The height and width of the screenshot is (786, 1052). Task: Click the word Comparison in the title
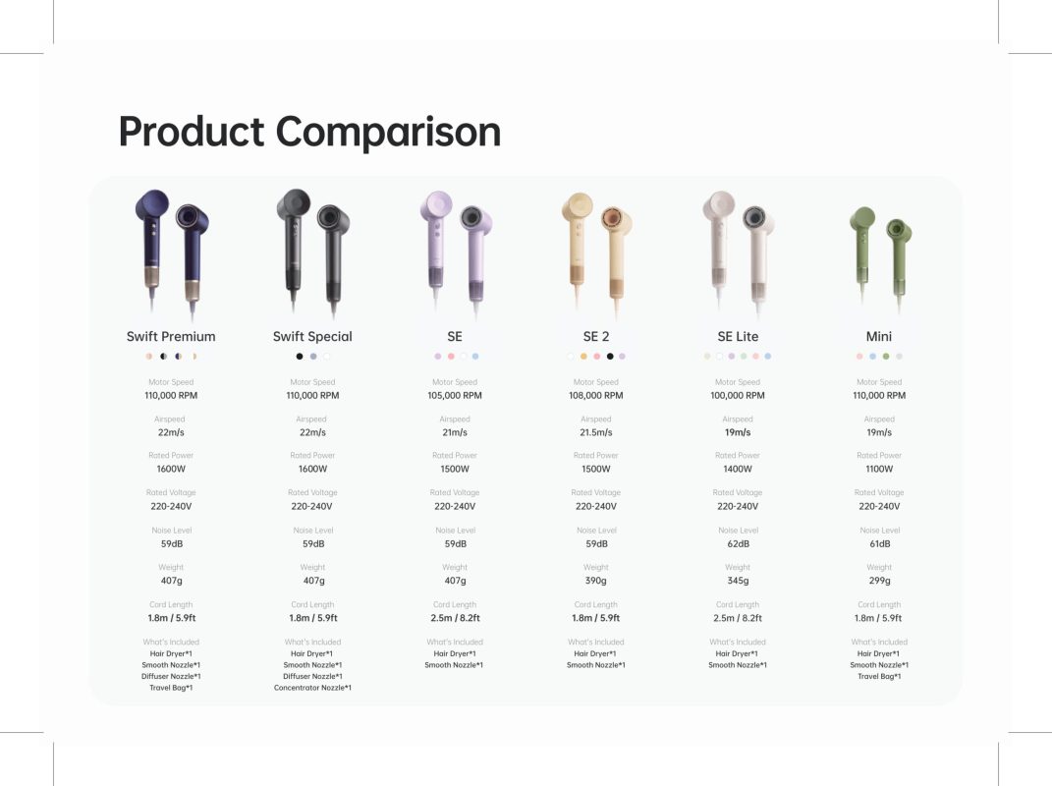pyautogui.click(x=388, y=132)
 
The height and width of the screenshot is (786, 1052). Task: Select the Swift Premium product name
pyautogui.click(x=171, y=336)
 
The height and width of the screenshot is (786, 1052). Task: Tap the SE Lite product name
pyautogui.click(x=738, y=336)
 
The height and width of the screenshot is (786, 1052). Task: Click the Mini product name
pyautogui.click(x=879, y=336)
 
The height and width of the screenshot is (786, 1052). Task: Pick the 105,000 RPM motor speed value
pyautogui.click(x=455, y=395)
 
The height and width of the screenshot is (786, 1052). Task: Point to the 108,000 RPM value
pyautogui.click(x=596, y=395)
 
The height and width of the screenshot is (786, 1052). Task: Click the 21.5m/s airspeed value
pyautogui.click(x=596, y=432)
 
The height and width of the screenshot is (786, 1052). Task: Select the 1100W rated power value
pyautogui.click(x=879, y=469)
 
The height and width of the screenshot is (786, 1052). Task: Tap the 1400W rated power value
pyautogui.click(x=738, y=469)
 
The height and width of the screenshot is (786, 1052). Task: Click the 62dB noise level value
pyautogui.click(x=738, y=543)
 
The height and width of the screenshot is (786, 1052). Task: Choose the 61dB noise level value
pyautogui.click(x=879, y=543)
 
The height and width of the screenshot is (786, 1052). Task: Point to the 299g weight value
pyautogui.click(x=879, y=581)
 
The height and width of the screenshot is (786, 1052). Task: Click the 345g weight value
pyautogui.click(x=738, y=581)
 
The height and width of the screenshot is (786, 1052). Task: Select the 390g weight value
pyautogui.click(x=596, y=581)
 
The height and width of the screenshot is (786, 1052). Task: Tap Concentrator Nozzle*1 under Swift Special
pyautogui.click(x=312, y=688)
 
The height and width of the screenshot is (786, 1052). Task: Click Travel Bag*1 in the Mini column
pyautogui.click(x=879, y=676)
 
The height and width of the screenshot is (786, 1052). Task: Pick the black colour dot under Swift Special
pyautogui.click(x=300, y=357)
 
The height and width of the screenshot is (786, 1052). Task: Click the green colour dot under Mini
pyautogui.click(x=886, y=357)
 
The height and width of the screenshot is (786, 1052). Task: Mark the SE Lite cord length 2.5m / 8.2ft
pyautogui.click(x=738, y=618)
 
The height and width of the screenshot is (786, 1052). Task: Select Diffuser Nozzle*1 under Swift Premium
pyautogui.click(x=171, y=676)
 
